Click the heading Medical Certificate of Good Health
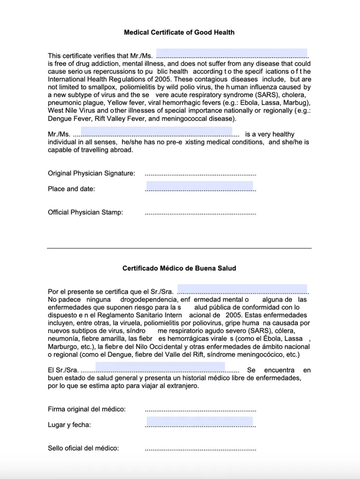(179, 33)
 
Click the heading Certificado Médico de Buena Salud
(179, 268)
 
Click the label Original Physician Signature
(91, 173)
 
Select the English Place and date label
(72, 189)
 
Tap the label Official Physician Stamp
(85, 212)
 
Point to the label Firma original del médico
(87, 409)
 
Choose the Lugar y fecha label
(69, 424)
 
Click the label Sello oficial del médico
(83, 448)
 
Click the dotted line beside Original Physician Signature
(200, 174)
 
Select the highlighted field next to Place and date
(199, 186)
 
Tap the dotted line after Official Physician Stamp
(200, 213)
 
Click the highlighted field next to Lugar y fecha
(199, 422)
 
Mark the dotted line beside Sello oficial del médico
(200, 448)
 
